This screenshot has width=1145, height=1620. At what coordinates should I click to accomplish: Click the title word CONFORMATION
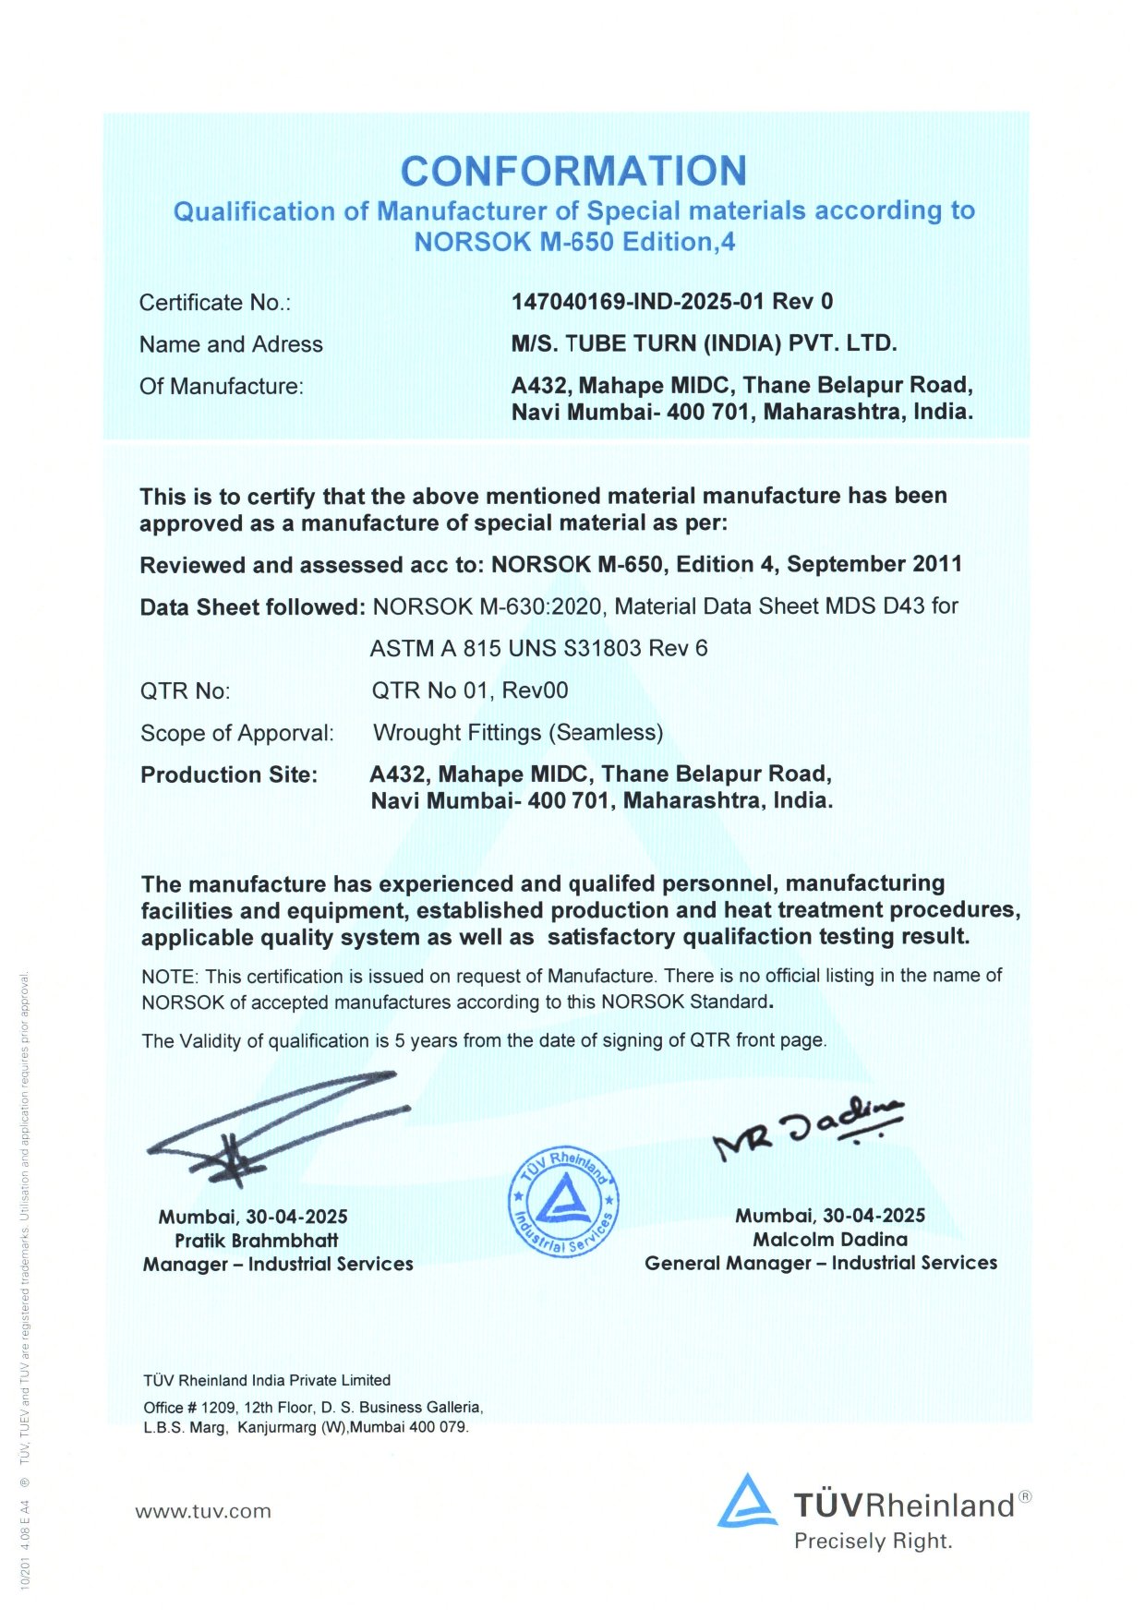(573, 171)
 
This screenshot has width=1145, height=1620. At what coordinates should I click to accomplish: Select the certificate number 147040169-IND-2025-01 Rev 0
(672, 302)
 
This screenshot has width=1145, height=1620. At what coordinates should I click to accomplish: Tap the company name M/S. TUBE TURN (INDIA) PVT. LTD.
(705, 343)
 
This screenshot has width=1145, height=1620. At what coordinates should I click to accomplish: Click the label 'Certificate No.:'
(215, 303)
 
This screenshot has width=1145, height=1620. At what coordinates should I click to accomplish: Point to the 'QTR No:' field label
(186, 691)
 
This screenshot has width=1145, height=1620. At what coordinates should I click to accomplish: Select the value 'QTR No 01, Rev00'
(470, 690)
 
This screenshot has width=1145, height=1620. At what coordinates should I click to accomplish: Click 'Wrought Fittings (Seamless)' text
(518, 733)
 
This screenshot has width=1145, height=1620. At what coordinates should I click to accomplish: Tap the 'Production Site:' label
(229, 774)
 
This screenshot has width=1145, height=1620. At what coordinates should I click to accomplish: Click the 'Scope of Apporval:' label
(237, 733)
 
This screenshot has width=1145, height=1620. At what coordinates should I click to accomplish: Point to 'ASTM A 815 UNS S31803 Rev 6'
(539, 648)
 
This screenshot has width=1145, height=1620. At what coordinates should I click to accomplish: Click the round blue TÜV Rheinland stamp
(563, 1203)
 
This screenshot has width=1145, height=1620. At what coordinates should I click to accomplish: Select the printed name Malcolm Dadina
(830, 1240)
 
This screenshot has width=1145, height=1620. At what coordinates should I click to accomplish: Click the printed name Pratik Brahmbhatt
(257, 1241)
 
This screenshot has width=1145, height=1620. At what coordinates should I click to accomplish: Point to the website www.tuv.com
(203, 1512)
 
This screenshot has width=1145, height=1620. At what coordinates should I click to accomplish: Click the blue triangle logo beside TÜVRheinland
(747, 1502)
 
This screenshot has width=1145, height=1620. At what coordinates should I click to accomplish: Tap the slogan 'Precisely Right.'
(873, 1541)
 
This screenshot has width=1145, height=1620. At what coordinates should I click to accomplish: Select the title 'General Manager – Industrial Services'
(821, 1263)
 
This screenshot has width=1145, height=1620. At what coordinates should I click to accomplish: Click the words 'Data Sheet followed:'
(253, 607)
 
